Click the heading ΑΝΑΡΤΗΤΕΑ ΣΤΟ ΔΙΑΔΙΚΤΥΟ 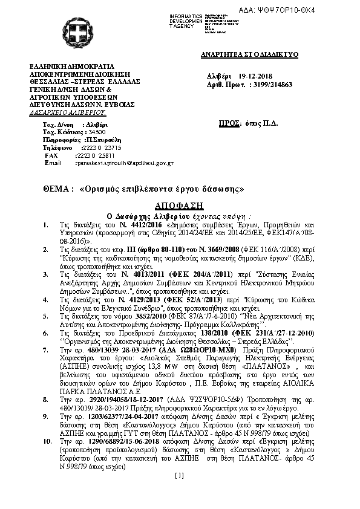[x=250, y=54]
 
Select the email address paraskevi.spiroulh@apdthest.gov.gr [x=124, y=163]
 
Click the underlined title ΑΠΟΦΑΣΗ [x=179, y=205]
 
